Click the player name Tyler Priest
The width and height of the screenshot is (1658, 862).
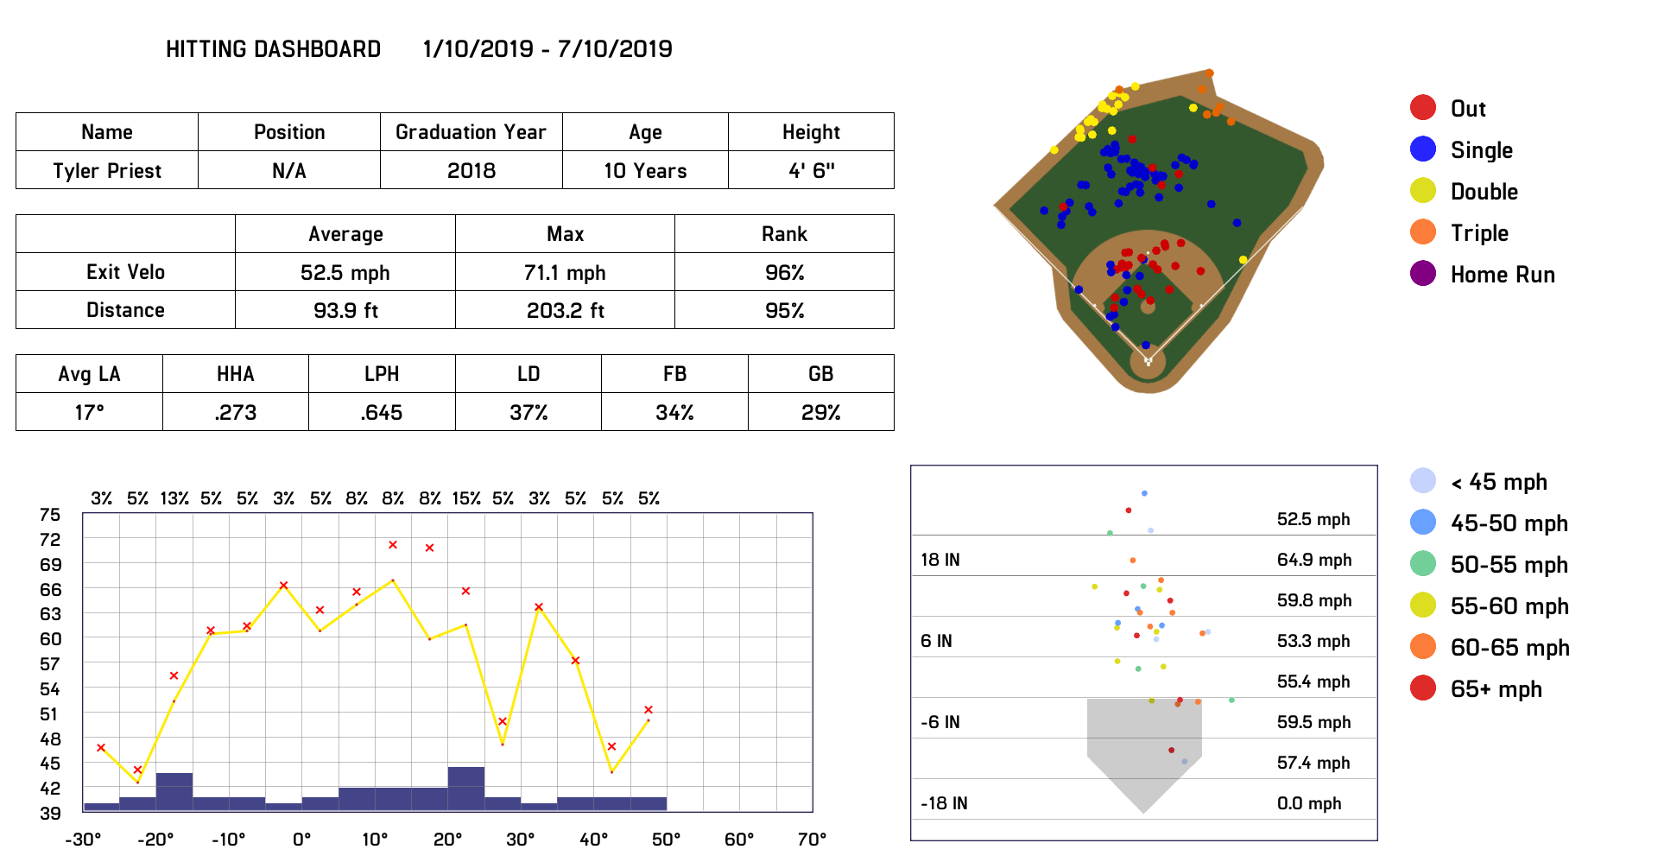point(107,171)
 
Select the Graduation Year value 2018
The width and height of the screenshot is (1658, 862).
point(471,171)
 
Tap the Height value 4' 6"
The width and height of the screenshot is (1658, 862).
point(811,171)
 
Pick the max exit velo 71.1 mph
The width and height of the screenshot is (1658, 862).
point(565,273)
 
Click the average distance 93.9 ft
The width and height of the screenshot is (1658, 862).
point(345,311)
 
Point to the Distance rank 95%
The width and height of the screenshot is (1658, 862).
point(784,311)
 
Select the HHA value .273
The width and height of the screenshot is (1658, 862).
point(236,413)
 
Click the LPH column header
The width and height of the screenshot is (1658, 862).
point(382,374)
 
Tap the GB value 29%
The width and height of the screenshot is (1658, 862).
point(820,413)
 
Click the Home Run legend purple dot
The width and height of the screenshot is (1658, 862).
point(1423,274)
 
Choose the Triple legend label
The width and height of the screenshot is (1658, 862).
point(1479,233)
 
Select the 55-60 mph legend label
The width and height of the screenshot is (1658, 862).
point(1509,606)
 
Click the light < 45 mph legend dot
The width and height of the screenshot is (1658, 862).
point(1423,481)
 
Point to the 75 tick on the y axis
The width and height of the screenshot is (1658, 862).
point(50,515)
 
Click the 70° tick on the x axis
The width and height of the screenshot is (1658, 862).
point(812,840)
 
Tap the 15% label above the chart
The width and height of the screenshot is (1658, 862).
point(466,498)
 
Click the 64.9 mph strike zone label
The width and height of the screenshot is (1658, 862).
point(1314,560)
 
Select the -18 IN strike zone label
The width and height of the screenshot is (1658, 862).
point(944,803)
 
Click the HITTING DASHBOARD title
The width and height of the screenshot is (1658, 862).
point(273,49)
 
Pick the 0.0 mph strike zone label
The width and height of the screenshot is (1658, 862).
point(1309,803)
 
